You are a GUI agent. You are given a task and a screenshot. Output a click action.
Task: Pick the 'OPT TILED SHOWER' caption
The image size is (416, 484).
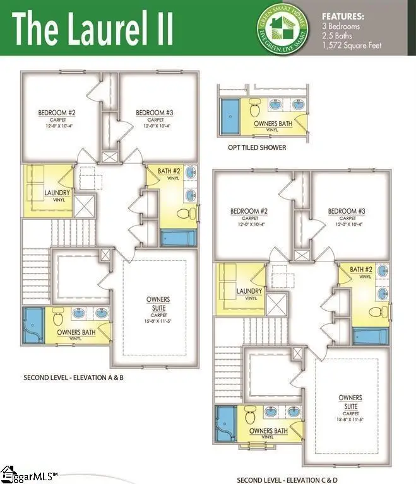point(257,147)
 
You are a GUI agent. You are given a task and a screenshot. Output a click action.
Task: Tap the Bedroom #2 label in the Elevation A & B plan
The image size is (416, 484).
point(57,113)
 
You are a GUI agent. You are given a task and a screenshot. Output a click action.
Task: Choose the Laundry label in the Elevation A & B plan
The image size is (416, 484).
point(57,192)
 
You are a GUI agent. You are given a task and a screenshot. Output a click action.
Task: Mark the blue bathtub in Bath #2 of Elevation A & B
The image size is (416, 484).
point(179,239)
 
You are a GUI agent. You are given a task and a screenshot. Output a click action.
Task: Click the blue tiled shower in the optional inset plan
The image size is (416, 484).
point(231,118)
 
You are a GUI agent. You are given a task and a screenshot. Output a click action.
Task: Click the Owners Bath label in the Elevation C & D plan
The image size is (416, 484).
point(270,431)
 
